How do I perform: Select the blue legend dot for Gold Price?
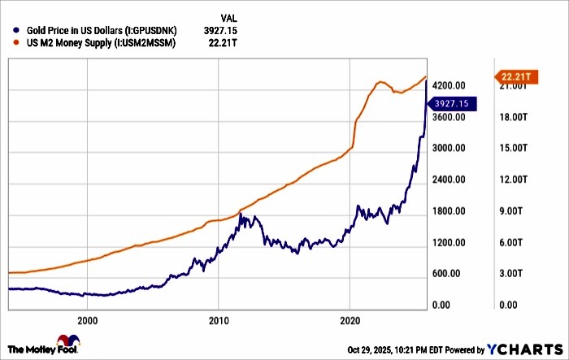[7, 29]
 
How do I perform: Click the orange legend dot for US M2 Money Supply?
[7, 42]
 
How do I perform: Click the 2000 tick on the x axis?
[88, 320]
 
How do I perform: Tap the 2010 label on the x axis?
[219, 320]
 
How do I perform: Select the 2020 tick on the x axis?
[350, 320]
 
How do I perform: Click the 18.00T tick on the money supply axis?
[515, 117]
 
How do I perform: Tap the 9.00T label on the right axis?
[515, 211]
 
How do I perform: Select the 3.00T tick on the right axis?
[515, 274]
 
